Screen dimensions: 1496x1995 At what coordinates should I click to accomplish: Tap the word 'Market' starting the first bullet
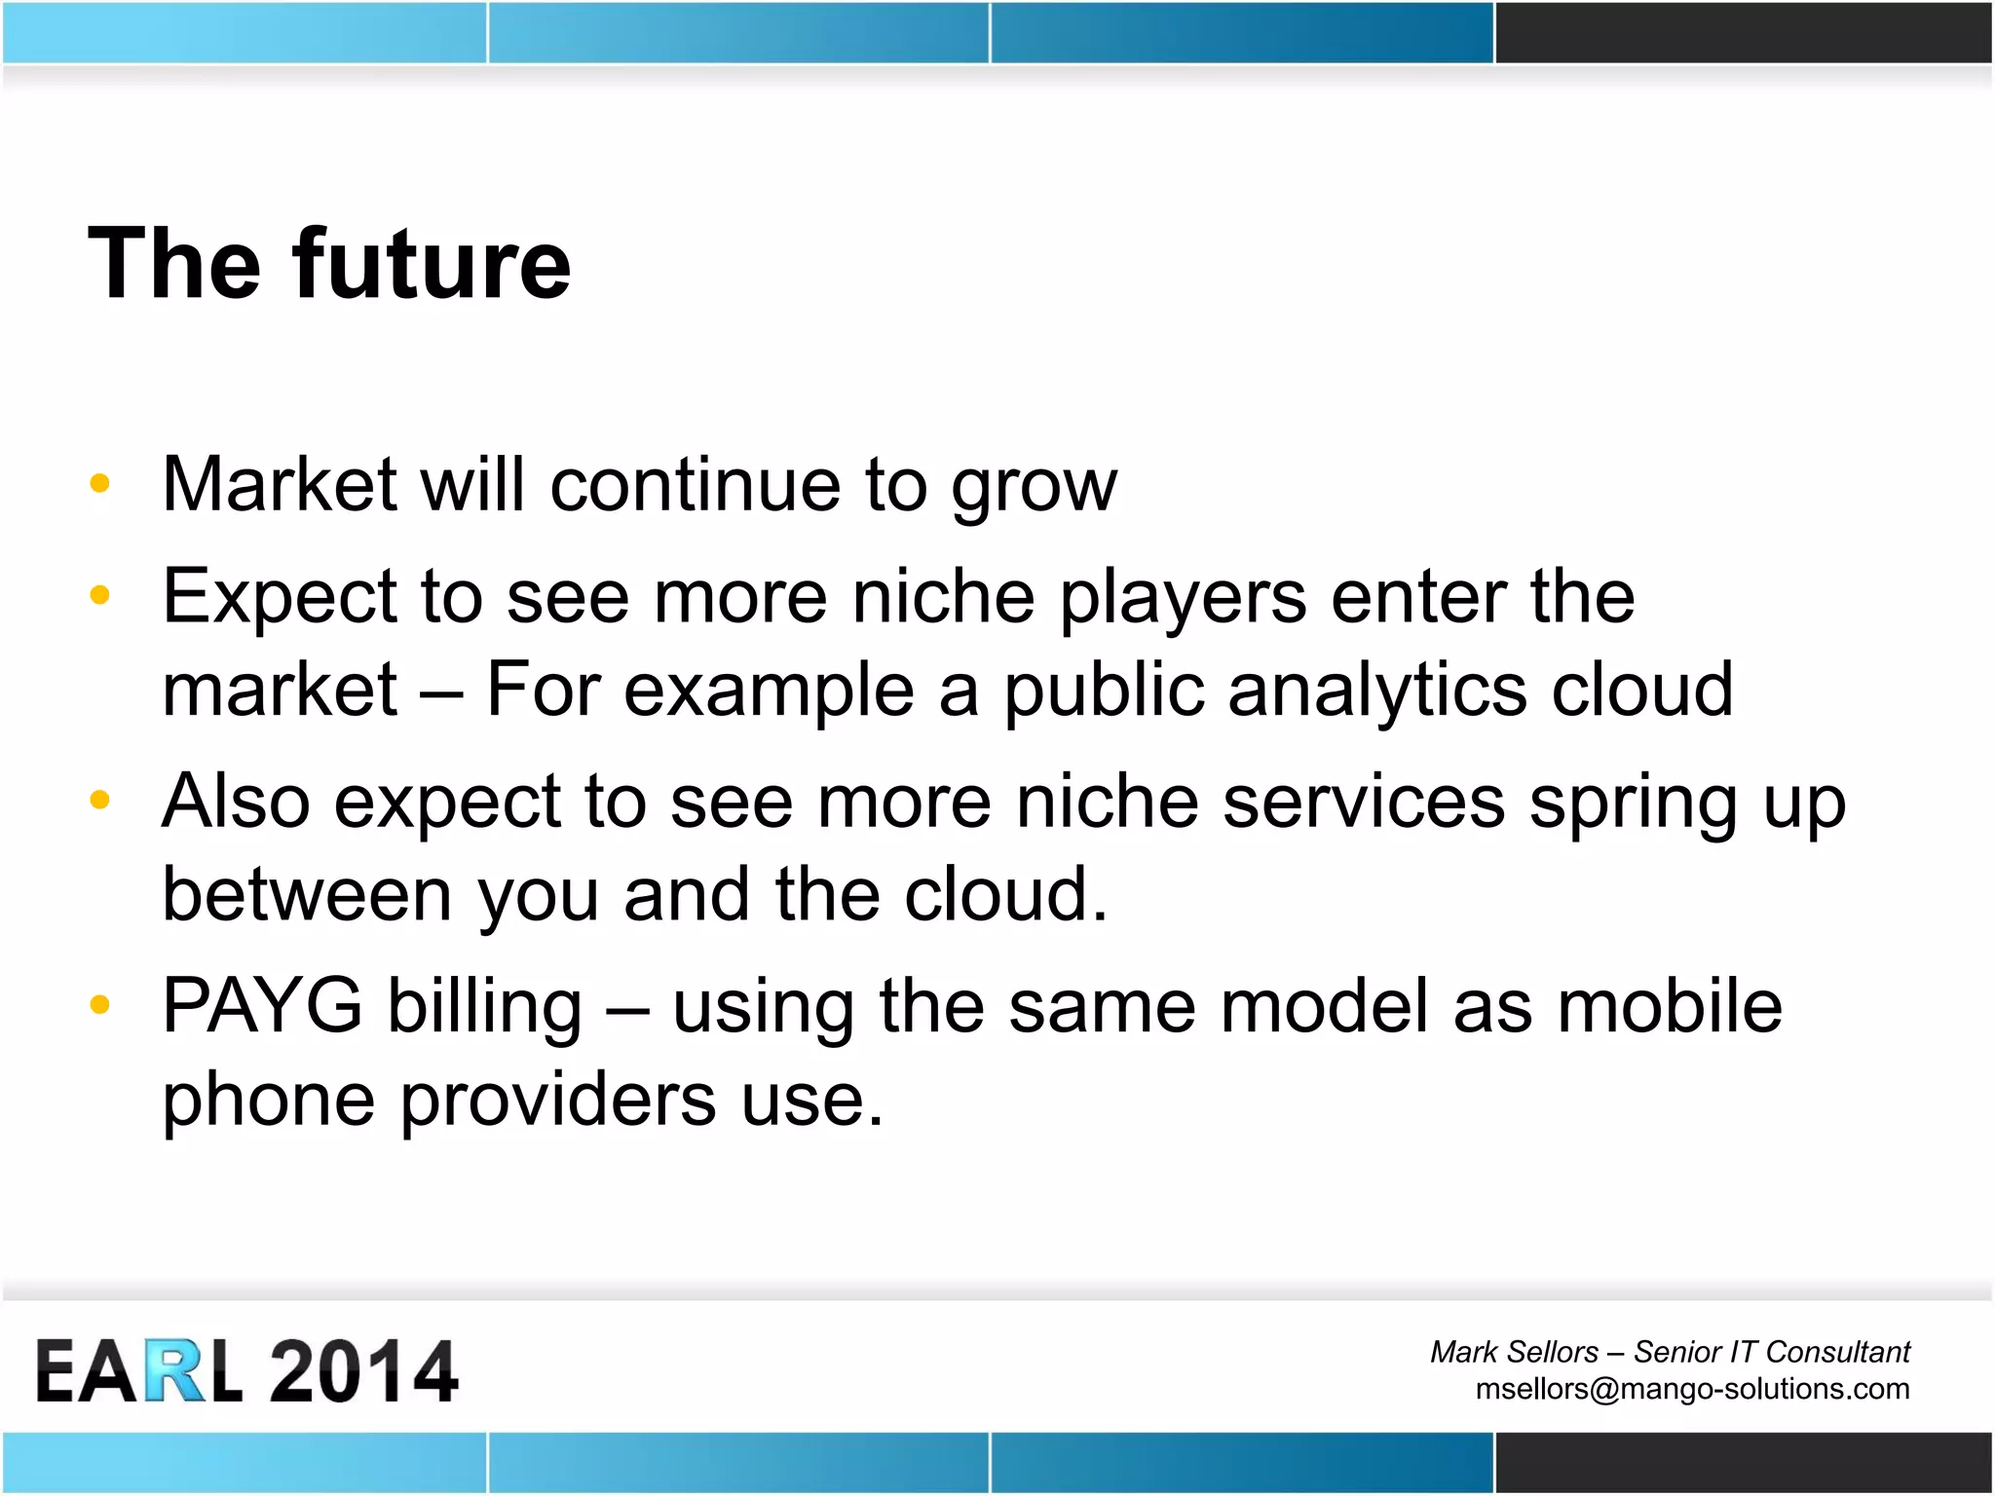pos(280,484)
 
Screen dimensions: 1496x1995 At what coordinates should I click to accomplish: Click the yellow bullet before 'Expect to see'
pos(99,594)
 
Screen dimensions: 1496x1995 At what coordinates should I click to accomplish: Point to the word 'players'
pos(1182,598)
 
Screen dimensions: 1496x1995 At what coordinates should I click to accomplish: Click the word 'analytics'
pos(1376,691)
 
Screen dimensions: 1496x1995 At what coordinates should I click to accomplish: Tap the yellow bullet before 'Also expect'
pos(99,800)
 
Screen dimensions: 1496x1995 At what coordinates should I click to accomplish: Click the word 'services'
pos(1363,803)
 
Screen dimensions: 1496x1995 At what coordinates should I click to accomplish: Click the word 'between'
pos(307,894)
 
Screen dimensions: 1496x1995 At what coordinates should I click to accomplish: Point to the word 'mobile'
pos(1669,1006)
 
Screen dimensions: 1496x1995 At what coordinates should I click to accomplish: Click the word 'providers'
pos(558,1101)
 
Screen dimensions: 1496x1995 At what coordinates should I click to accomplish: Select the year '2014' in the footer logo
pos(362,1371)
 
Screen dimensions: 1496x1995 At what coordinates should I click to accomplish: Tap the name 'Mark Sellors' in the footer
pos(1514,1352)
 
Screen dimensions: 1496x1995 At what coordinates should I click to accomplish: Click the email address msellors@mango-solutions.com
pos(1692,1389)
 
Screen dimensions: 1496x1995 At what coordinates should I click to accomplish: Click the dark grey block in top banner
pos(1743,33)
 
